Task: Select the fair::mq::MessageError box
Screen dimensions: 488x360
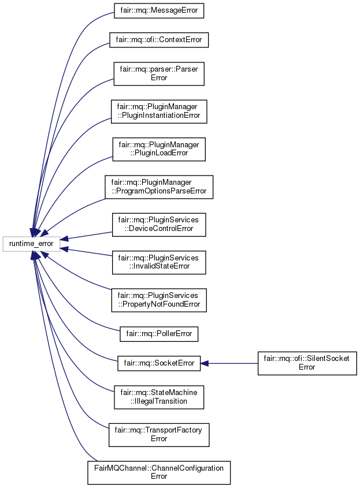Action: [x=158, y=11]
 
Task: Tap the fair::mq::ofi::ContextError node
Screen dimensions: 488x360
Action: [x=158, y=40]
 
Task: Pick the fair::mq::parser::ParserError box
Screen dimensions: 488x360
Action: [x=158, y=74]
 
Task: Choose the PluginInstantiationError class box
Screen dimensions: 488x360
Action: [x=158, y=111]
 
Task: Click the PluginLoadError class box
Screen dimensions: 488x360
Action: [x=158, y=149]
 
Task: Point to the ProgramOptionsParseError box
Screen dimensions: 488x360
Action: [x=158, y=187]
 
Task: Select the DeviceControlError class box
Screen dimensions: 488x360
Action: [x=158, y=224]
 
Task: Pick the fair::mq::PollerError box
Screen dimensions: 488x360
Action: [x=158, y=333]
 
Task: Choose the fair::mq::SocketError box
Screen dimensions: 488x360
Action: [x=158, y=363]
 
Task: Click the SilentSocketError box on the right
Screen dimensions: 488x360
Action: [x=307, y=363]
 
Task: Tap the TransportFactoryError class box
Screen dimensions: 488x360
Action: [x=158, y=434]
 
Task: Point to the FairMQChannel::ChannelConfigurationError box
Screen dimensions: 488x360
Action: [x=158, y=472]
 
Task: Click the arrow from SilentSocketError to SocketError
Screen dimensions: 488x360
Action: [x=231, y=363]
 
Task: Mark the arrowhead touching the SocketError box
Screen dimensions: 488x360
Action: [x=205, y=363]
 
